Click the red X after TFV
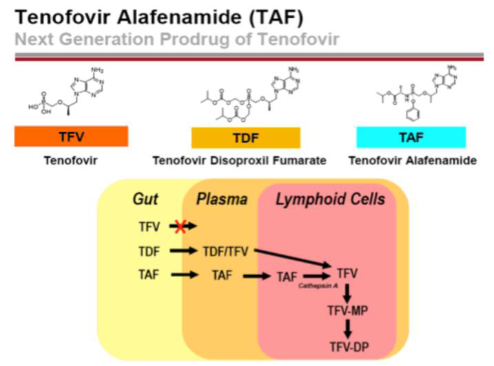coord(179,226)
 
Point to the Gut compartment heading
coord(145,200)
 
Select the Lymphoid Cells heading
coord(330,200)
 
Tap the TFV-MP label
coord(348,312)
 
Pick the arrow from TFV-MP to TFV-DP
coord(348,329)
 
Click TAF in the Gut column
coord(147,275)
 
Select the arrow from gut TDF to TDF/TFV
coord(183,251)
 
